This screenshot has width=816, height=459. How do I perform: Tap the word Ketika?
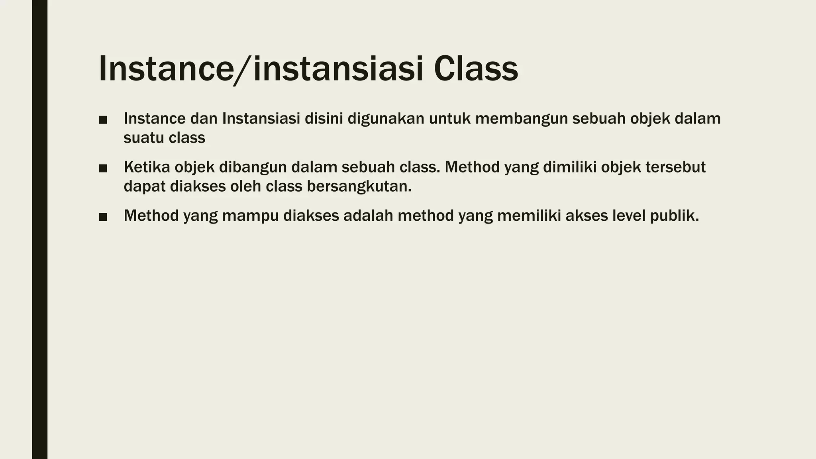coord(147,167)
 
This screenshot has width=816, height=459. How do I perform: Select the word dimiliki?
coord(570,167)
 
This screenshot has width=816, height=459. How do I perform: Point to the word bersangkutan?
coord(359,186)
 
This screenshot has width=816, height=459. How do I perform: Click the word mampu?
coord(250,216)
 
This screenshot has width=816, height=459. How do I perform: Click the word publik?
coord(674,216)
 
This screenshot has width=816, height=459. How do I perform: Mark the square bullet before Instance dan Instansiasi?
coord(103,120)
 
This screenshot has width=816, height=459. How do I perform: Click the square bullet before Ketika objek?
coord(103,169)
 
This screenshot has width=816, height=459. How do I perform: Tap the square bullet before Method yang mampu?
coord(103,217)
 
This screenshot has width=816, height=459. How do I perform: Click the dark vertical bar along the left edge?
coord(39,229)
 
